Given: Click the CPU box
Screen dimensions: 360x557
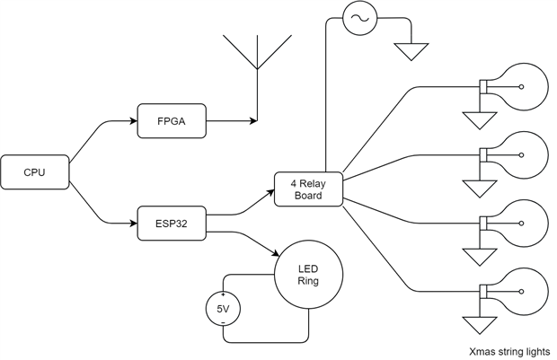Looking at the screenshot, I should (x=35, y=171).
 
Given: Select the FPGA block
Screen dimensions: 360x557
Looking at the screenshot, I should (x=172, y=119).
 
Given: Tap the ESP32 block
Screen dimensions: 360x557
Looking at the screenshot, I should (x=172, y=223).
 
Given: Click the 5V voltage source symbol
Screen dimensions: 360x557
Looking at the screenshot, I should (x=223, y=310).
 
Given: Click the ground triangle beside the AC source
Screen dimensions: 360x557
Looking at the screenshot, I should (x=412, y=50).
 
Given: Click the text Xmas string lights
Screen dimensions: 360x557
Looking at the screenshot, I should (x=509, y=351).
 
